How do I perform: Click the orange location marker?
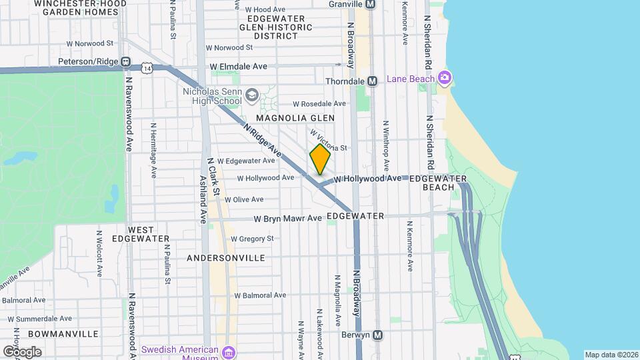320,159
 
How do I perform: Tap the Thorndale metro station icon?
373,81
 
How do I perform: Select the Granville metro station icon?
371,3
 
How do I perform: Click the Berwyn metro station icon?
378,335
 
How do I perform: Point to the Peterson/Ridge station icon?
125,62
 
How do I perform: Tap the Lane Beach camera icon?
445,78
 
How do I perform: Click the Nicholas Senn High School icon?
251,95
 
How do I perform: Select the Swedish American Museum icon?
229,351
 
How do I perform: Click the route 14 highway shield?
147,67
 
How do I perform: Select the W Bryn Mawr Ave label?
288,219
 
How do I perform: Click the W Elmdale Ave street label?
239,67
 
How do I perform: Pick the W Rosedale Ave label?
319,103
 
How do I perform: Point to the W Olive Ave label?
243,199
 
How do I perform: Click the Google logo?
22,351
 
